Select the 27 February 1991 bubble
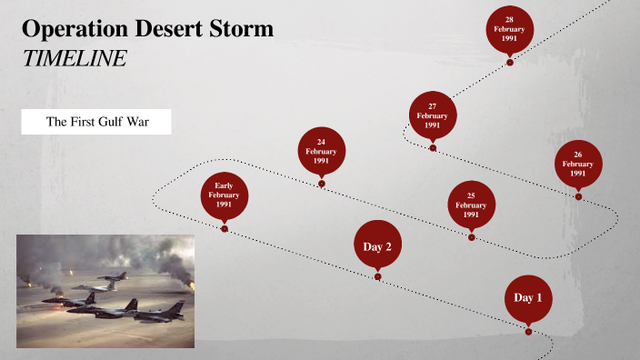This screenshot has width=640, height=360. [433, 115]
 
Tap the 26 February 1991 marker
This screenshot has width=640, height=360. [578, 164]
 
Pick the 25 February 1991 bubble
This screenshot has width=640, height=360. [471, 205]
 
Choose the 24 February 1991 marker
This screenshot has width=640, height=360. [321, 151]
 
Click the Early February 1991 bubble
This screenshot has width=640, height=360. [225, 195]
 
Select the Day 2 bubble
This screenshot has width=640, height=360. [377, 245]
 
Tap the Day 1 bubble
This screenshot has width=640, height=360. [528, 297]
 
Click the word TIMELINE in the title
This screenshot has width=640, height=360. [74, 58]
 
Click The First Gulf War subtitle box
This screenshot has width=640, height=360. [96, 122]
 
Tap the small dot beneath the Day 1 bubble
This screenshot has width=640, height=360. [528, 332]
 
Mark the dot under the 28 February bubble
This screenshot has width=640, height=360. [509, 63]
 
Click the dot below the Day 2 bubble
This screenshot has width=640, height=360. [377, 276]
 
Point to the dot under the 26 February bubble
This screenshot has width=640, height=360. [578, 195]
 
